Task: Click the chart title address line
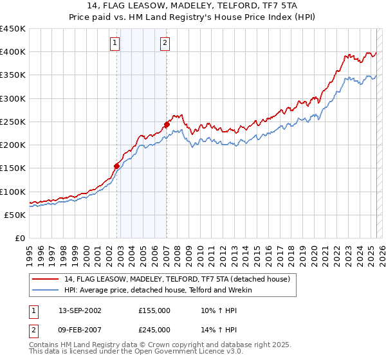click(x=193, y=6)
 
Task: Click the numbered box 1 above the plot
click(x=115, y=43)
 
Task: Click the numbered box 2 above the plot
click(x=165, y=43)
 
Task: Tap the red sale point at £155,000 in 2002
click(x=116, y=166)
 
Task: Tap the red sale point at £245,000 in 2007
click(x=167, y=124)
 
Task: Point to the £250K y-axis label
click(x=13, y=122)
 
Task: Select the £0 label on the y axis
click(x=19, y=238)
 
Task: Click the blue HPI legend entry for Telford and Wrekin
click(x=158, y=290)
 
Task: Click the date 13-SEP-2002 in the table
click(x=80, y=310)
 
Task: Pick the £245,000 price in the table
click(x=154, y=330)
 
